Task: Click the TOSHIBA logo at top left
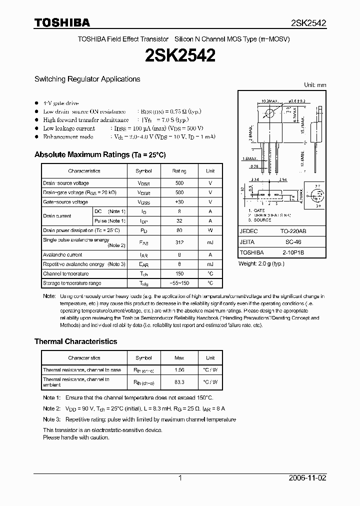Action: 62,22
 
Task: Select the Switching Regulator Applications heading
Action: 87,79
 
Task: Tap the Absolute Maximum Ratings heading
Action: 99,154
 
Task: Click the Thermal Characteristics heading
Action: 75,341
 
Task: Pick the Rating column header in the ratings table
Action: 179,171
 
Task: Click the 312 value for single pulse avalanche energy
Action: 179,242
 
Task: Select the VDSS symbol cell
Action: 144,183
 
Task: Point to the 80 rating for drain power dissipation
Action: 179,230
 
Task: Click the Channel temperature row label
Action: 65,273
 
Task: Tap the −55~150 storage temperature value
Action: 179,283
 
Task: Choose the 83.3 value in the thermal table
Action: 179,382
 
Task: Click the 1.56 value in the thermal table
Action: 179,370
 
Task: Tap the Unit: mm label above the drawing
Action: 315,85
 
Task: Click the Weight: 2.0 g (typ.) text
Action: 262,263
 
